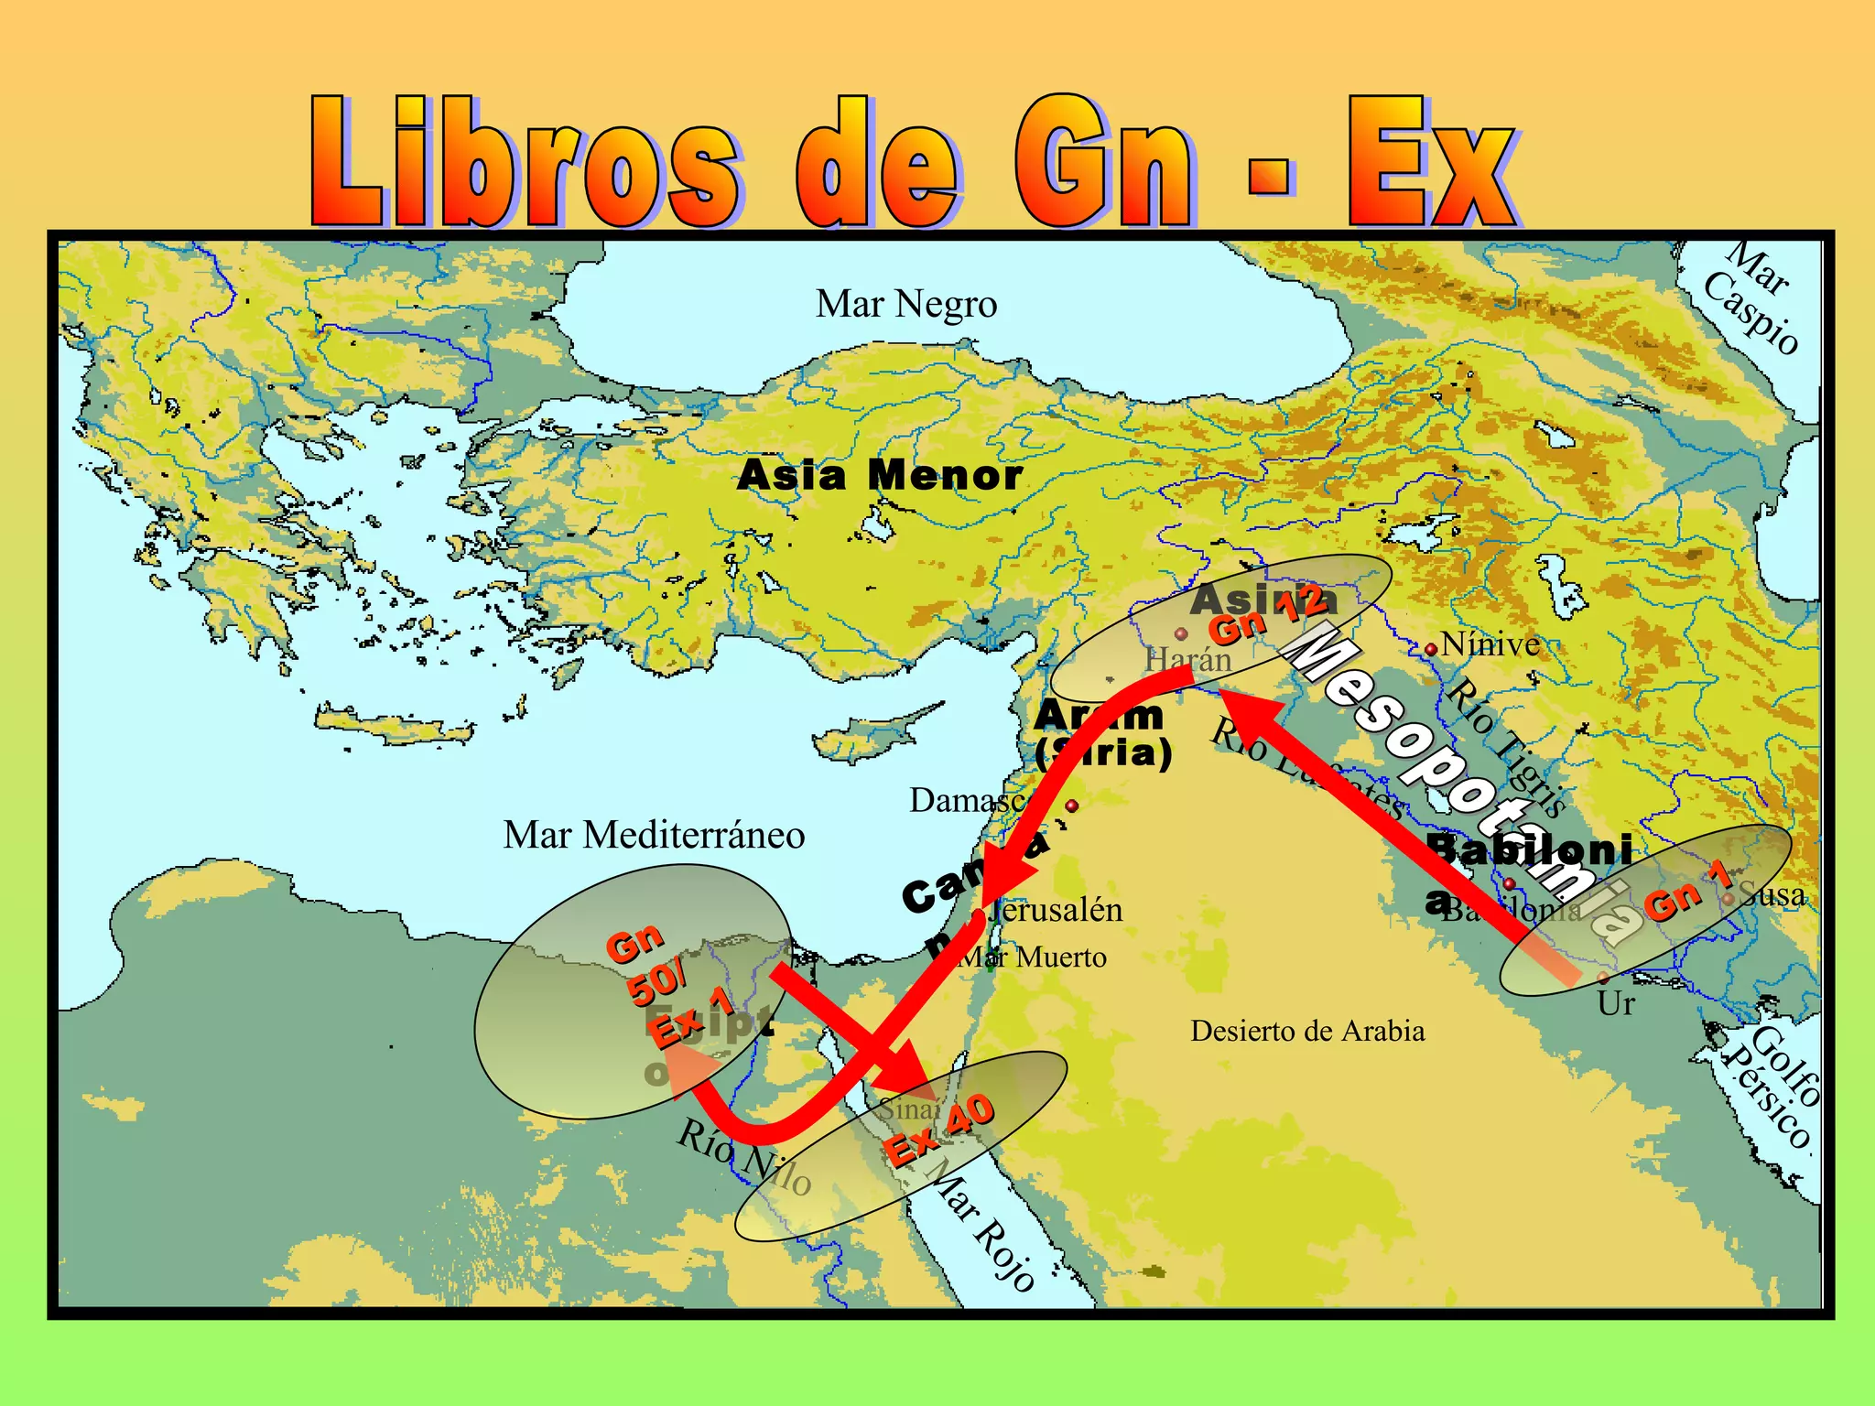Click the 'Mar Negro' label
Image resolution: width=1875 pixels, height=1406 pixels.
[906, 304]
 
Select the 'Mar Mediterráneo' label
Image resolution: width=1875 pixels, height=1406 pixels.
[654, 835]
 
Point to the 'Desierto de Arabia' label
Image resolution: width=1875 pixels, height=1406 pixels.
[1307, 1032]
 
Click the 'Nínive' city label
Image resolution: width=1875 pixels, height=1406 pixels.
[1490, 644]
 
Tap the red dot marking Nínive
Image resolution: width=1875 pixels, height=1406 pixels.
[1430, 649]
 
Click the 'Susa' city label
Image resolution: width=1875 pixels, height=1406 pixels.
[1772, 894]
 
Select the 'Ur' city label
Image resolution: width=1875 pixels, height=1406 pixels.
[1616, 1004]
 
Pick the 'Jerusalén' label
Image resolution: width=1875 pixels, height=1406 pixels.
[1057, 910]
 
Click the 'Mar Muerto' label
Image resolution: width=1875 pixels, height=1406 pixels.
[1032, 957]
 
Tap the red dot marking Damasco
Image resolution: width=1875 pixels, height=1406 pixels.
[1072, 806]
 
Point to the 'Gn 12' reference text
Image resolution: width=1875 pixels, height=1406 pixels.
[1269, 615]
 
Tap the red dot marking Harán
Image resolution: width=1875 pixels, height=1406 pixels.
[1181, 633]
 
